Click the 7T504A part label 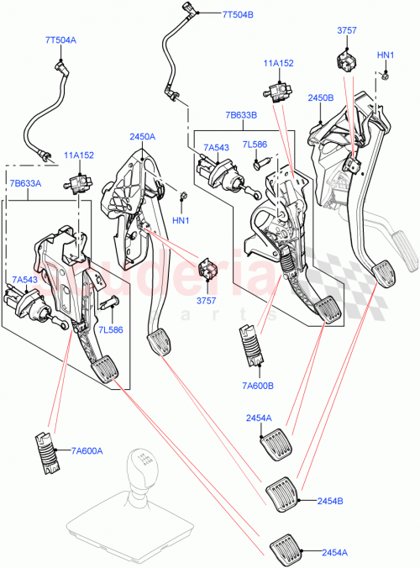tap(60, 39)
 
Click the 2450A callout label tap(142, 137)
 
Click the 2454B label tap(328, 501)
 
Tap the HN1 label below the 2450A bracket tap(181, 220)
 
